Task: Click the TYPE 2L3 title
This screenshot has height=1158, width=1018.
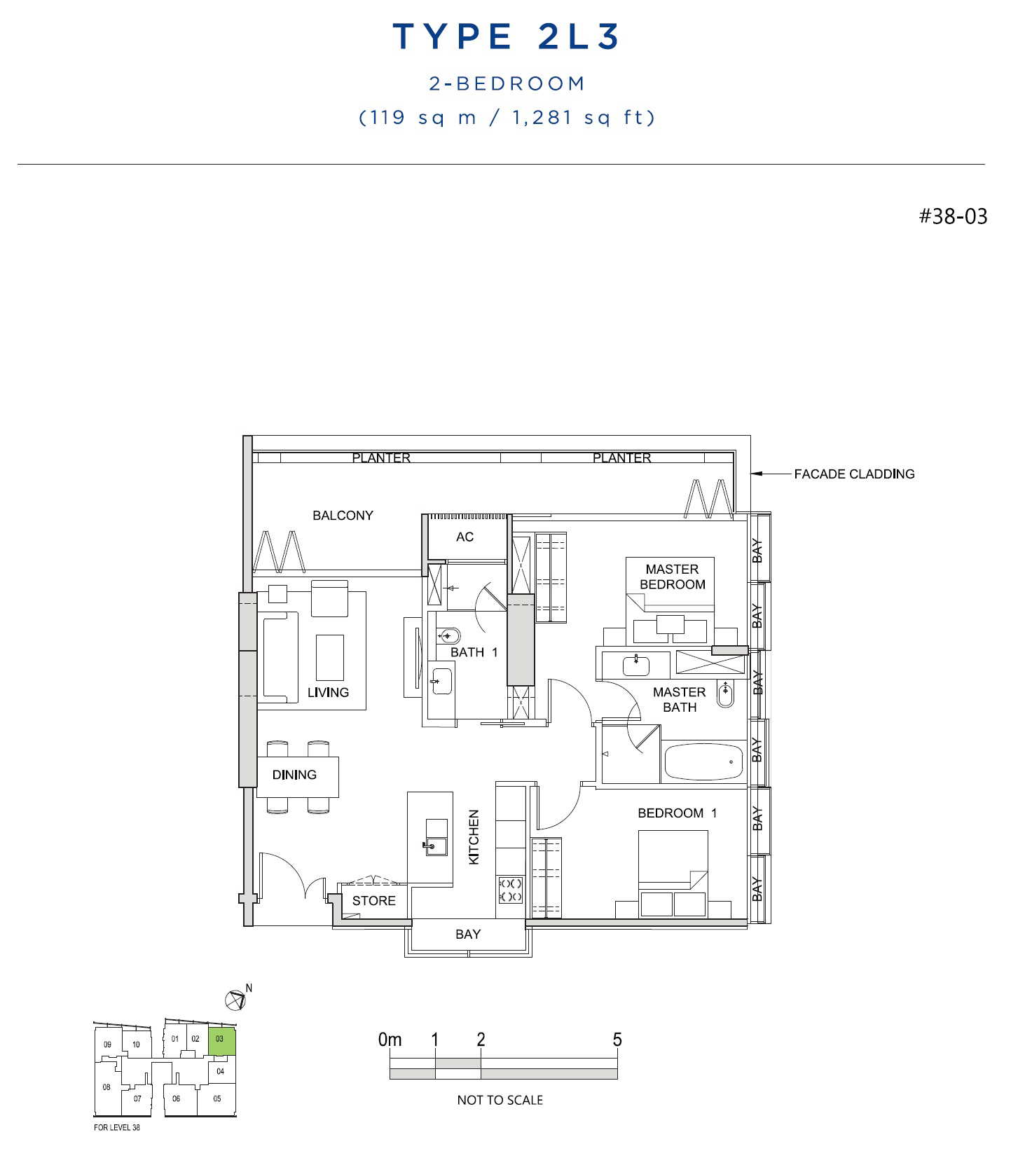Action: (x=506, y=36)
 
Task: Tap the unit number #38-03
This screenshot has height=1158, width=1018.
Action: (x=953, y=216)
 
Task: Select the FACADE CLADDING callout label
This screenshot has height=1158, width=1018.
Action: (x=854, y=474)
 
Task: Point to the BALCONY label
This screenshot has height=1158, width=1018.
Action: (x=343, y=516)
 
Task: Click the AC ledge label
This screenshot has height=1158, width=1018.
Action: (x=465, y=537)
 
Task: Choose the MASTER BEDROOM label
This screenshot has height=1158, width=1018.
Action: (x=672, y=577)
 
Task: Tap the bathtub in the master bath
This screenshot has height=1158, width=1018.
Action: (x=703, y=761)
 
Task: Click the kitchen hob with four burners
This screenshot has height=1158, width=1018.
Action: (x=511, y=890)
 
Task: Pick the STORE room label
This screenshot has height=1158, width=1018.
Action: (x=373, y=901)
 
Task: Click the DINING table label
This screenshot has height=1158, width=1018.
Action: (x=294, y=775)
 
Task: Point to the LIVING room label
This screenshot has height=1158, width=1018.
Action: (x=328, y=692)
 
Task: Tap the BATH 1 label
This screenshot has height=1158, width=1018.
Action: (x=474, y=652)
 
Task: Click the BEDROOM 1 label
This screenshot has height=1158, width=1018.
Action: (x=677, y=813)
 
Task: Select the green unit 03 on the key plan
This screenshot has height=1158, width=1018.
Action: (x=221, y=1042)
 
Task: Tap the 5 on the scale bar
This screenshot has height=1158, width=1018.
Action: (x=617, y=1040)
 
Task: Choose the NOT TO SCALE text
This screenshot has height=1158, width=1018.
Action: (x=500, y=1100)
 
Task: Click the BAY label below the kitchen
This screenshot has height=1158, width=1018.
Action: (x=468, y=935)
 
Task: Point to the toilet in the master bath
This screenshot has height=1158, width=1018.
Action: (x=725, y=694)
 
